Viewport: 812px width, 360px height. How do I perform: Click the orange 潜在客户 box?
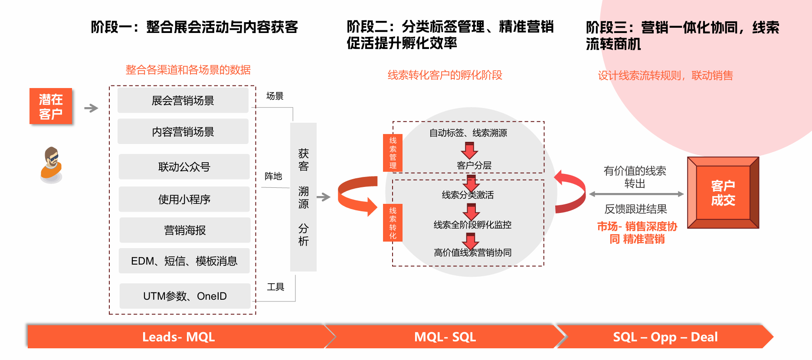pyautogui.click(x=51, y=106)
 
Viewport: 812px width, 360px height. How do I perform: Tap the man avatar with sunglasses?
pyautogui.click(x=52, y=164)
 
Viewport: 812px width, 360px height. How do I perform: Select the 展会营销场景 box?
pyautogui.click(x=183, y=101)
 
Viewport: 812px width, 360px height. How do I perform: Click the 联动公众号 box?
pyautogui.click(x=184, y=167)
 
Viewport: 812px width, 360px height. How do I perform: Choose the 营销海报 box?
pyautogui.click(x=185, y=230)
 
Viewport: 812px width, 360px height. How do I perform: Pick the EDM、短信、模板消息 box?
pyautogui.click(x=184, y=261)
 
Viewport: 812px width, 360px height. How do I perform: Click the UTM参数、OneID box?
pyautogui.click(x=185, y=296)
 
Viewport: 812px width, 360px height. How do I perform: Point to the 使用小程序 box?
pyautogui.click(x=184, y=200)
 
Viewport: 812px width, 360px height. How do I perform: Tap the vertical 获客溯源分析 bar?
pyautogui.click(x=303, y=197)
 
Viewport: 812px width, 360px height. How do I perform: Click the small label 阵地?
pyautogui.click(x=273, y=176)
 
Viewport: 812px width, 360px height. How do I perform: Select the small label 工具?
pyautogui.click(x=275, y=287)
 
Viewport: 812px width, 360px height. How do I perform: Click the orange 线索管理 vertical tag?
pyautogui.click(x=393, y=153)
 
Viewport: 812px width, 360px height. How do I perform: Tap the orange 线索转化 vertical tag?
pyautogui.click(x=393, y=223)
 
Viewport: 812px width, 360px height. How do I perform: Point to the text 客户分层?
pyautogui.click(x=474, y=165)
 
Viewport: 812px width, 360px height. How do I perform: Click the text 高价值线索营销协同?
pyautogui.click(x=472, y=252)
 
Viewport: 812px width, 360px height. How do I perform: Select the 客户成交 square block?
pyautogui.click(x=723, y=193)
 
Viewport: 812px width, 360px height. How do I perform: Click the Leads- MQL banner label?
pyautogui.click(x=178, y=337)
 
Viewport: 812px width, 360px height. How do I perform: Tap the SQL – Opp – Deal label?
pyautogui.click(x=665, y=337)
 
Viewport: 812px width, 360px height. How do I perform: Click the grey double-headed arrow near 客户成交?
pyautogui.click(x=636, y=194)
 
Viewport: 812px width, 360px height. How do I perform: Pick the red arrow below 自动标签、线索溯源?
pyautogui.click(x=469, y=150)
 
